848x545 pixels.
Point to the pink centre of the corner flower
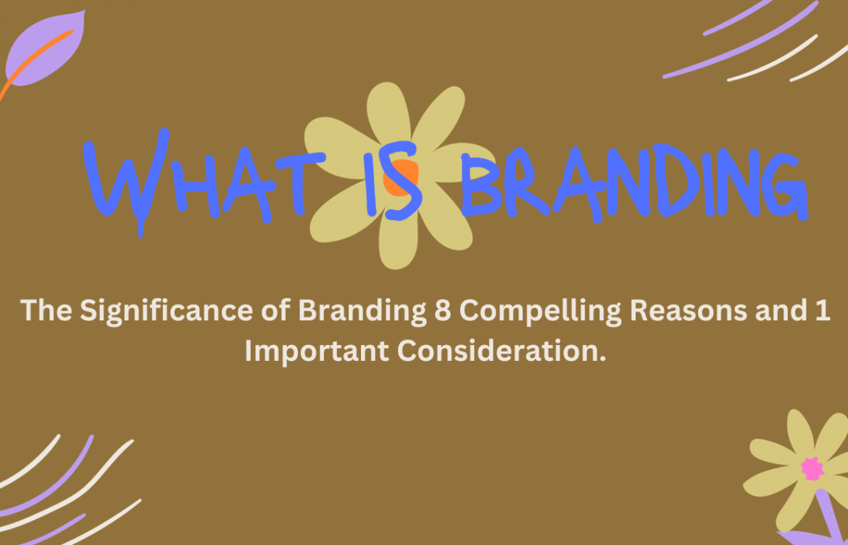(812, 469)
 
